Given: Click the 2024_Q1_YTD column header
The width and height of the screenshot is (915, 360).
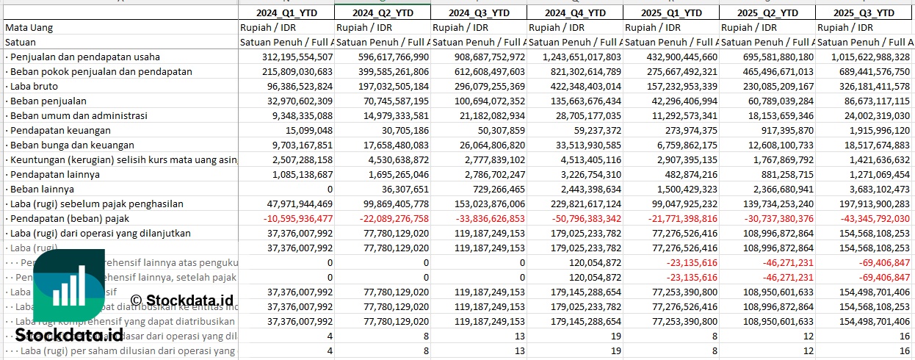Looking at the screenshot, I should coord(286,12).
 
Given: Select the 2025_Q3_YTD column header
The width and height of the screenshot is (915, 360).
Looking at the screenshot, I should coord(865,12).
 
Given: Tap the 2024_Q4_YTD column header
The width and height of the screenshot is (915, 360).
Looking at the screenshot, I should coord(575,12).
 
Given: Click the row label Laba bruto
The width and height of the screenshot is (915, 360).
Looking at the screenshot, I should coord(30,86).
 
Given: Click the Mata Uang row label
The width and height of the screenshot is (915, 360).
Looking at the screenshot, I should coord(29,27).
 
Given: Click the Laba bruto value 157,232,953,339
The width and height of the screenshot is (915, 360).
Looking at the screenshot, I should coord(671,86).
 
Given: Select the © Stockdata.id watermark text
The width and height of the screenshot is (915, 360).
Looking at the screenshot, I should coord(182,300).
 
